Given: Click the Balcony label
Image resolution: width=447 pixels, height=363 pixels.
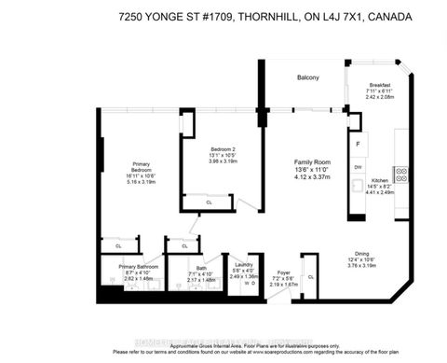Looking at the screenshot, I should pyautogui.click(x=309, y=77).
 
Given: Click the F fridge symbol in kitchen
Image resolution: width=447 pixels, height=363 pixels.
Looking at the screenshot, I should pyautogui.click(x=359, y=145).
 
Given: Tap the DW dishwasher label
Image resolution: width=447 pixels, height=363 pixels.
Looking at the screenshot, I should pyautogui.click(x=358, y=167).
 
